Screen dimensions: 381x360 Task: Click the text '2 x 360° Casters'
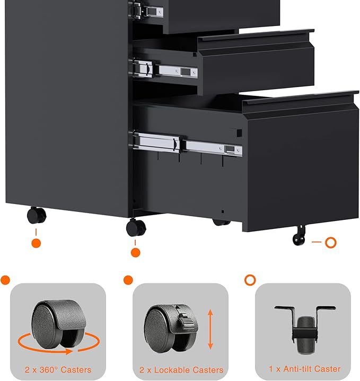tap(58, 370)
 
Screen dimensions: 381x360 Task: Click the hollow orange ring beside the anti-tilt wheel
tap(331, 242)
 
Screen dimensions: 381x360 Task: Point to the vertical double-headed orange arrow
tap(210, 330)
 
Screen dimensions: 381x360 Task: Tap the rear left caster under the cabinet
tap(36, 215)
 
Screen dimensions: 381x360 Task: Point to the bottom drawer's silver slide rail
tap(188, 144)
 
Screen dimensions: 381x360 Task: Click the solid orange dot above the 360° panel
tap(5, 280)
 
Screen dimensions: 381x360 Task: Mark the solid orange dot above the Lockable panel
tap(128, 280)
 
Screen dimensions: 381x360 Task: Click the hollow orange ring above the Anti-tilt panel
tap(249, 280)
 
